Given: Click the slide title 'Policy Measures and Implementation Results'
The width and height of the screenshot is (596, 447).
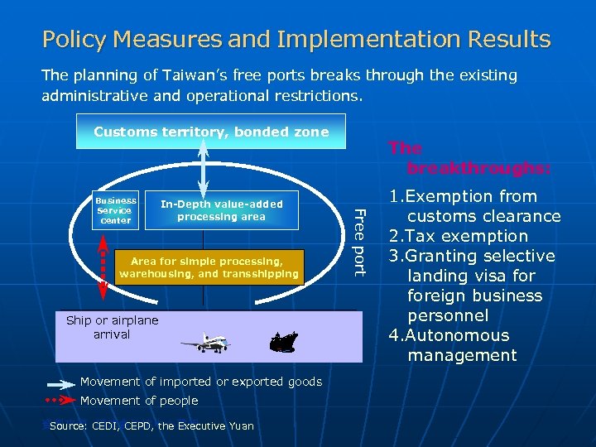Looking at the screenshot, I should coord(296,39).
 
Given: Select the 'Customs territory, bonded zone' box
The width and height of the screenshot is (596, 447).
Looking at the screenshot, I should coord(211,132).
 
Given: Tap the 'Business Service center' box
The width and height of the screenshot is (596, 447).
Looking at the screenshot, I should coord(116,210).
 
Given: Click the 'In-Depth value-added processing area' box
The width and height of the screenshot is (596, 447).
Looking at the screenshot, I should coord(221,210).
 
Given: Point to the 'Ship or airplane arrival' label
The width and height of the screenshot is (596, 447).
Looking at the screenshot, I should coord(112,327).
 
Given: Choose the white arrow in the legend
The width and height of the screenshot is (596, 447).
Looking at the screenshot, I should coord(60,382).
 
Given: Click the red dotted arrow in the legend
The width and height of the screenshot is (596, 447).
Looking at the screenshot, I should coord(60,401).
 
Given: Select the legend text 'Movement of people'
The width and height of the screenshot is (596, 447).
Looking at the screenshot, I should coord(139,401).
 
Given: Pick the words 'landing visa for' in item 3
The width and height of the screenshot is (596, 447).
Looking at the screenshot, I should coord(471,276).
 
